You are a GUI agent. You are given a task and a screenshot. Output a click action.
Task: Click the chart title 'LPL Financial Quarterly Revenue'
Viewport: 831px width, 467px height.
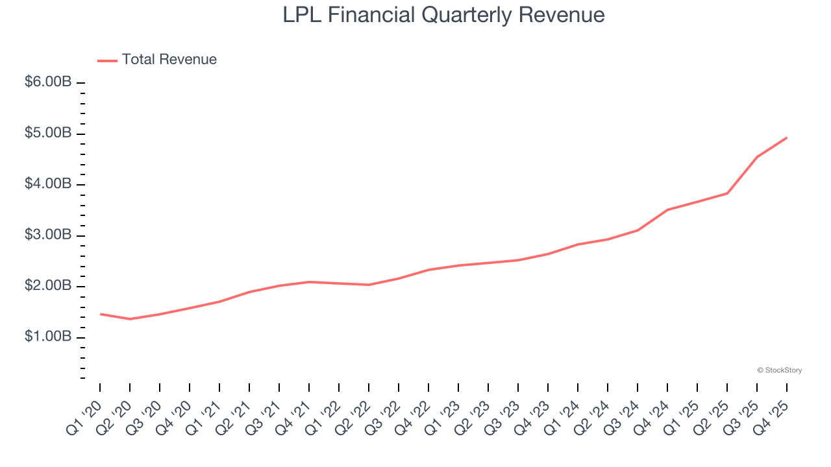(443, 15)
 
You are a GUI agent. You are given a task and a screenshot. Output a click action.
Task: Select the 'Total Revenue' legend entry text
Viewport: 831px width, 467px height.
(169, 60)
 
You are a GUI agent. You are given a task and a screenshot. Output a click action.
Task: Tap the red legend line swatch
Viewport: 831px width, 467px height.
(107, 60)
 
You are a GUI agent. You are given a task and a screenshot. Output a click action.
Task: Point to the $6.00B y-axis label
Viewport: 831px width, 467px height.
(47, 83)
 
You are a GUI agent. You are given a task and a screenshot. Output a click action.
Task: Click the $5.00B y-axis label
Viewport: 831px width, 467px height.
(47, 134)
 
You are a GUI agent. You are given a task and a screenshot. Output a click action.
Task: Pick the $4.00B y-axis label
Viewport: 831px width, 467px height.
(47, 185)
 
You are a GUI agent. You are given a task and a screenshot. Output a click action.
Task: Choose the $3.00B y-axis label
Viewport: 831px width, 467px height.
(47, 235)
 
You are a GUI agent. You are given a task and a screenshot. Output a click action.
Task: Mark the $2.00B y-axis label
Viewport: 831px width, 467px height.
(47, 287)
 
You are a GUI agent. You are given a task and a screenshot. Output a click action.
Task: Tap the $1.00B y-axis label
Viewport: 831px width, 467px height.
(47, 337)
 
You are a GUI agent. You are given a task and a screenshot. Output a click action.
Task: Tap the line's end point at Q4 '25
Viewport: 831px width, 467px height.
(787, 138)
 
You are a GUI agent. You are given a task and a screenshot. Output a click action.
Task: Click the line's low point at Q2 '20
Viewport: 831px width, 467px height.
(130, 319)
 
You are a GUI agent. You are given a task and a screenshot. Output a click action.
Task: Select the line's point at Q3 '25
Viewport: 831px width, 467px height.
(757, 157)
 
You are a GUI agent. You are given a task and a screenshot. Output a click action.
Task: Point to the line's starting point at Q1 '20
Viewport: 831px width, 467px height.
(100, 314)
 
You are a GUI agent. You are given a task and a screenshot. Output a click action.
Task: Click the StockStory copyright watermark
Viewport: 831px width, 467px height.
(779, 370)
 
